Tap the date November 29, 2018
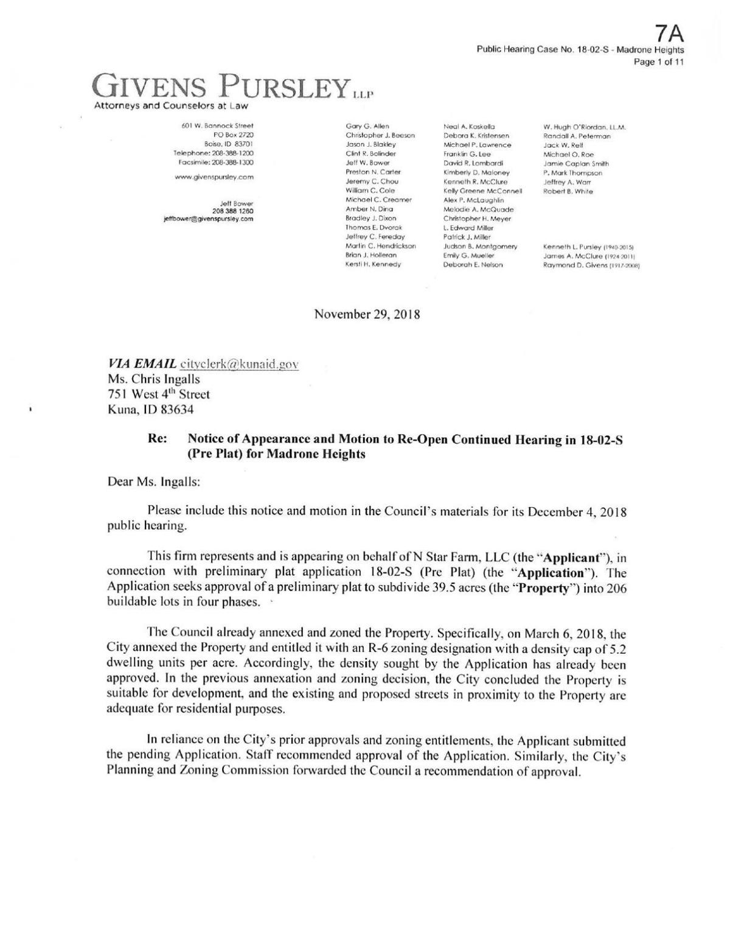tap(367, 315)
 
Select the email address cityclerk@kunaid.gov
tap(238, 363)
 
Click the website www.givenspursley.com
tap(214, 177)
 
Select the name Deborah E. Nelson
tap(473, 265)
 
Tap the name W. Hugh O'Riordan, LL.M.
tap(584, 127)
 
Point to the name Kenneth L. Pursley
tap(570, 247)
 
